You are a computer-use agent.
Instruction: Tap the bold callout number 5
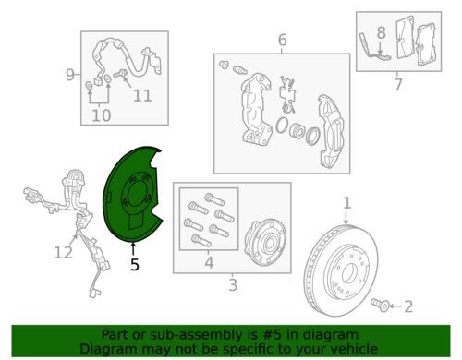coord(135,265)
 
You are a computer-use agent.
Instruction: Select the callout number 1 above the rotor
coord(347,203)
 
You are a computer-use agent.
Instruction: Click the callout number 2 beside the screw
coord(408,306)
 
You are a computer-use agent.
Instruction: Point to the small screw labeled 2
coord(381,305)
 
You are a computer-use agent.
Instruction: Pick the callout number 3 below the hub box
coord(233,285)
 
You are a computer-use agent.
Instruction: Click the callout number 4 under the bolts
coord(209,263)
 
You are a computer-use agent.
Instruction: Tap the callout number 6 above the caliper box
coord(283,40)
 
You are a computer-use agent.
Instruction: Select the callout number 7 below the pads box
coord(398,84)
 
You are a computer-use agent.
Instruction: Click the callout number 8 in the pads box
coord(382,32)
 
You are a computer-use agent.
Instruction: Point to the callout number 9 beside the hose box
coord(70,75)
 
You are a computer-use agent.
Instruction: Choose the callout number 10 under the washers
coord(102,115)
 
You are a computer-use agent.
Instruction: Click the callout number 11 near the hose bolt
coord(142,96)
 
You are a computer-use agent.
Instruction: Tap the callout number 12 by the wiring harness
coord(64,253)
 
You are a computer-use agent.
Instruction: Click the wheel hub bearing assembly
coord(265,242)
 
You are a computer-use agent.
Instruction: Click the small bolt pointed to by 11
coord(120,74)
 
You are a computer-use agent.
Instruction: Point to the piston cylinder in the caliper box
coord(298,130)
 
